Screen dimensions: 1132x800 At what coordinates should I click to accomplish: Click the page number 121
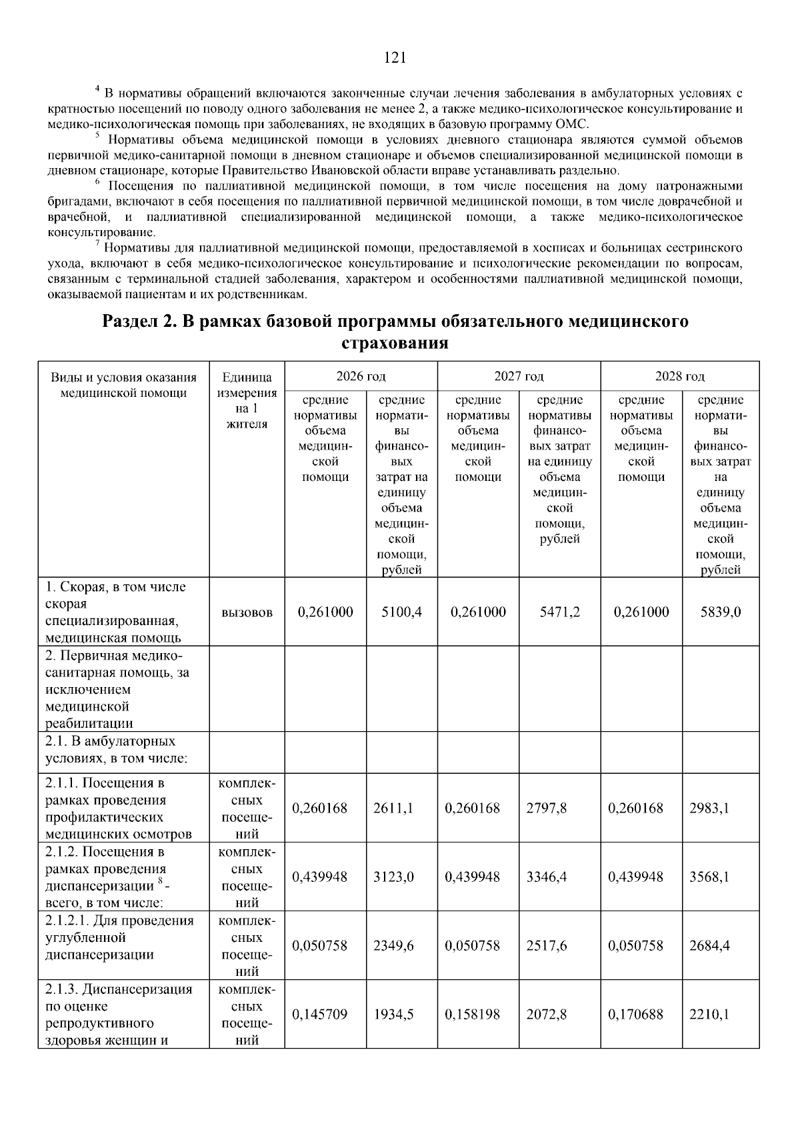click(x=395, y=58)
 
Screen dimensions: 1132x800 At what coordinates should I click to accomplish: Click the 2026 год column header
click(x=361, y=376)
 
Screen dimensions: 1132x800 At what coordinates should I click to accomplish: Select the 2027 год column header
click(x=519, y=376)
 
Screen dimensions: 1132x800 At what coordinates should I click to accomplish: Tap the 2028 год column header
click(x=679, y=376)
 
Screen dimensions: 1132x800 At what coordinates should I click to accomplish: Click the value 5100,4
click(x=401, y=612)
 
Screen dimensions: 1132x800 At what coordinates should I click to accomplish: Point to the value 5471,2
click(x=559, y=612)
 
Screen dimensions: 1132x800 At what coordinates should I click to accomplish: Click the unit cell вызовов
click(x=247, y=613)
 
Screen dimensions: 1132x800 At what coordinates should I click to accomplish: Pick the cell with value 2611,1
click(x=393, y=808)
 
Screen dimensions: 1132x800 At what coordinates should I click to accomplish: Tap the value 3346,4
click(x=547, y=877)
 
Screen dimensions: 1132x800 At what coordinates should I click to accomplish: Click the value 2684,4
click(x=709, y=945)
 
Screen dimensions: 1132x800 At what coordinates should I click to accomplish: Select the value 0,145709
click(x=319, y=1014)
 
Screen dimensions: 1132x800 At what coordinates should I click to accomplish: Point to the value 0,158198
click(x=472, y=1014)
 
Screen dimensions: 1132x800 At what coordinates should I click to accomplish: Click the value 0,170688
click(x=635, y=1014)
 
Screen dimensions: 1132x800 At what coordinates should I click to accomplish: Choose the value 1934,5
click(x=393, y=1014)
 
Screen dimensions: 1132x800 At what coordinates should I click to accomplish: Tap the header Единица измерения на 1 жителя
click(x=247, y=400)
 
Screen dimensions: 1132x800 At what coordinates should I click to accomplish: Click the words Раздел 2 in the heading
click(x=139, y=322)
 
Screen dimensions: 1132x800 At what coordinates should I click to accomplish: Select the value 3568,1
click(x=709, y=877)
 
